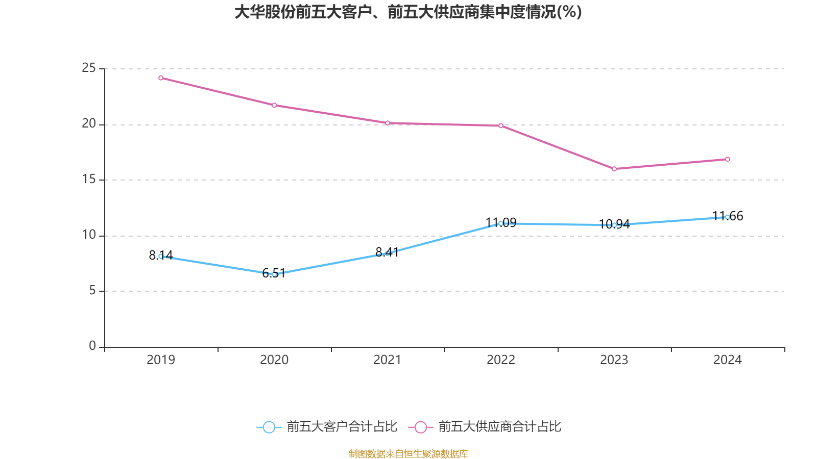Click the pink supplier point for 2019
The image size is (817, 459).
[x=161, y=78]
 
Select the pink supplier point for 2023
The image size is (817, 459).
[x=614, y=169]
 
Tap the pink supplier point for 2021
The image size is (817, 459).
[x=388, y=123]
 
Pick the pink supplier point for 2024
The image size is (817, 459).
[x=728, y=159]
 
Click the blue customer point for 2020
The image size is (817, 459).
[x=274, y=274]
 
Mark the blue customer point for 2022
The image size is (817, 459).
[x=501, y=223]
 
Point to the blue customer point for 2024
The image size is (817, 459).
[x=728, y=217]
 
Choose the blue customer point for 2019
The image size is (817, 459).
[x=161, y=257]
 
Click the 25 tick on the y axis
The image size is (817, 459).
[x=89, y=68]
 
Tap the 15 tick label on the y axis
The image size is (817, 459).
[x=89, y=180]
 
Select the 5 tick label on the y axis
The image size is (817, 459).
[x=92, y=291]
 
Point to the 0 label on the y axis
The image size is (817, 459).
[x=92, y=346]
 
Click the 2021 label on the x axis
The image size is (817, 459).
[x=388, y=360]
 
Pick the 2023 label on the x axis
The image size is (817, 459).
[x=614, y=360]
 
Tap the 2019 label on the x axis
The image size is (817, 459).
[x=161, y=360]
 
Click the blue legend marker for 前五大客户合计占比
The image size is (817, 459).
[x=269, y=427]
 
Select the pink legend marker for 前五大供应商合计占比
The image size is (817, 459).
[x=421, y=427]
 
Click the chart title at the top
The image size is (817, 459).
[x=408, y=12]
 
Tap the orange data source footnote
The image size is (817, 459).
[x=408, y=453]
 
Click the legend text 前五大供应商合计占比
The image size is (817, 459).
[x=499, y=427]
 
